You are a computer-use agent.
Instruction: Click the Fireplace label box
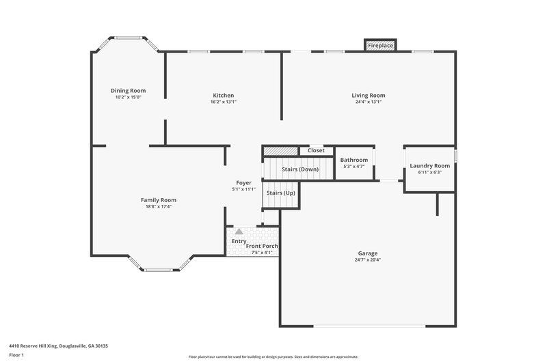[381, 45]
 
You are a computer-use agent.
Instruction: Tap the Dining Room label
[129, 90]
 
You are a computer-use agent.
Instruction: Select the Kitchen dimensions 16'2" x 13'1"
[224, 102]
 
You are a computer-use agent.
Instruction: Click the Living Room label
[369, 96]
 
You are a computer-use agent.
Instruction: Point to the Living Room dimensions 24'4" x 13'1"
[369, 102]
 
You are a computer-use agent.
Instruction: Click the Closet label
[316, 150]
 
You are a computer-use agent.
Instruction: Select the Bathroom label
[354, 160]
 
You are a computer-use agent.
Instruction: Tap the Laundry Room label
[429, 166]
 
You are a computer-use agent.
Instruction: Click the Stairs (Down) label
[300, 169]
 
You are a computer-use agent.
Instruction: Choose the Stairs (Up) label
[280, 193]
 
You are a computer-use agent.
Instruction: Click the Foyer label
[243, 183]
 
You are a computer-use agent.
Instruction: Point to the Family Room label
[159, 200]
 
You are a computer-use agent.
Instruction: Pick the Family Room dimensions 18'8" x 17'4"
[159, 206]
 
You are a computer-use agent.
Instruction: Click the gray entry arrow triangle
[239, 232]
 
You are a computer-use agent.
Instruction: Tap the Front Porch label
[262, 246]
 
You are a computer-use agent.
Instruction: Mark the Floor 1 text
[16, 355]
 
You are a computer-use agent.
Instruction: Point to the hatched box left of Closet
[281, 150]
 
